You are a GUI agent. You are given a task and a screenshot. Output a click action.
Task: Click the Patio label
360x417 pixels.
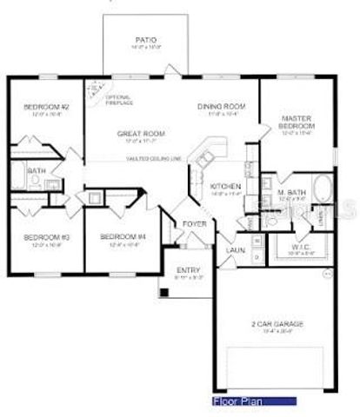pyautogui.click(x=145, y=39)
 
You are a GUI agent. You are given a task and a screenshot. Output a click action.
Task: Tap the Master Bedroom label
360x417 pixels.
pyautogui.click(x=296, y=122)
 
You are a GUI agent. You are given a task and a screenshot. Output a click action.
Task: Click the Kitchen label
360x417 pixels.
pyautogui.click(x=224, y=186)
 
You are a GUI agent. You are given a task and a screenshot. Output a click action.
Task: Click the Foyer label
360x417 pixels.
pyautogui.click(x=193, y=223)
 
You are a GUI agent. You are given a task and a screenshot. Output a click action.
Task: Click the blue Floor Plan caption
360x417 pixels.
pyautogui.click(x=237, y=402)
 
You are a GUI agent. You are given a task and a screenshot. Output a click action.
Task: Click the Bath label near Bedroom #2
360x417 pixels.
pyautogui.click(x=36, y=171)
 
